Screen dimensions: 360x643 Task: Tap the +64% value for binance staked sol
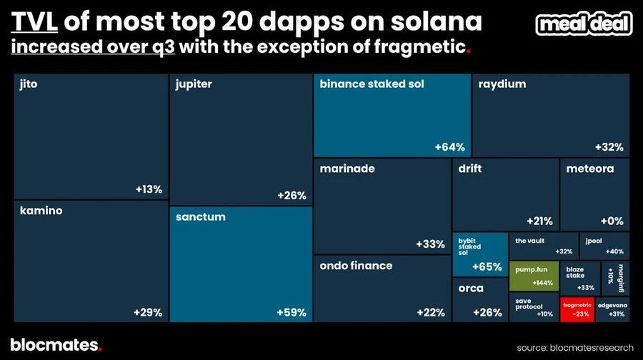coord(449,147)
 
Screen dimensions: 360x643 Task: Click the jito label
coord(29,84)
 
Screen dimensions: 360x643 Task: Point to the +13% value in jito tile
coord(149,189)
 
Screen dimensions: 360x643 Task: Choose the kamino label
coord(41,211)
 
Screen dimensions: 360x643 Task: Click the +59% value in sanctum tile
coord(291,312)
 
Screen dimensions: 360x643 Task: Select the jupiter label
coord(194,84)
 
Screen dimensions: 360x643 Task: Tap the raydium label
coord(502,84)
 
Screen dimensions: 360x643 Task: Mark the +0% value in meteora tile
coord(612,221)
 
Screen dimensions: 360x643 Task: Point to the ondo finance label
coord(356,266)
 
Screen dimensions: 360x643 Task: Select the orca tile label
coord(471,289)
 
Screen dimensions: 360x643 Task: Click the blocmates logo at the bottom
coord(56,344)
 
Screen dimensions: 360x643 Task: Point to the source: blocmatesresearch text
coord(575,347)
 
